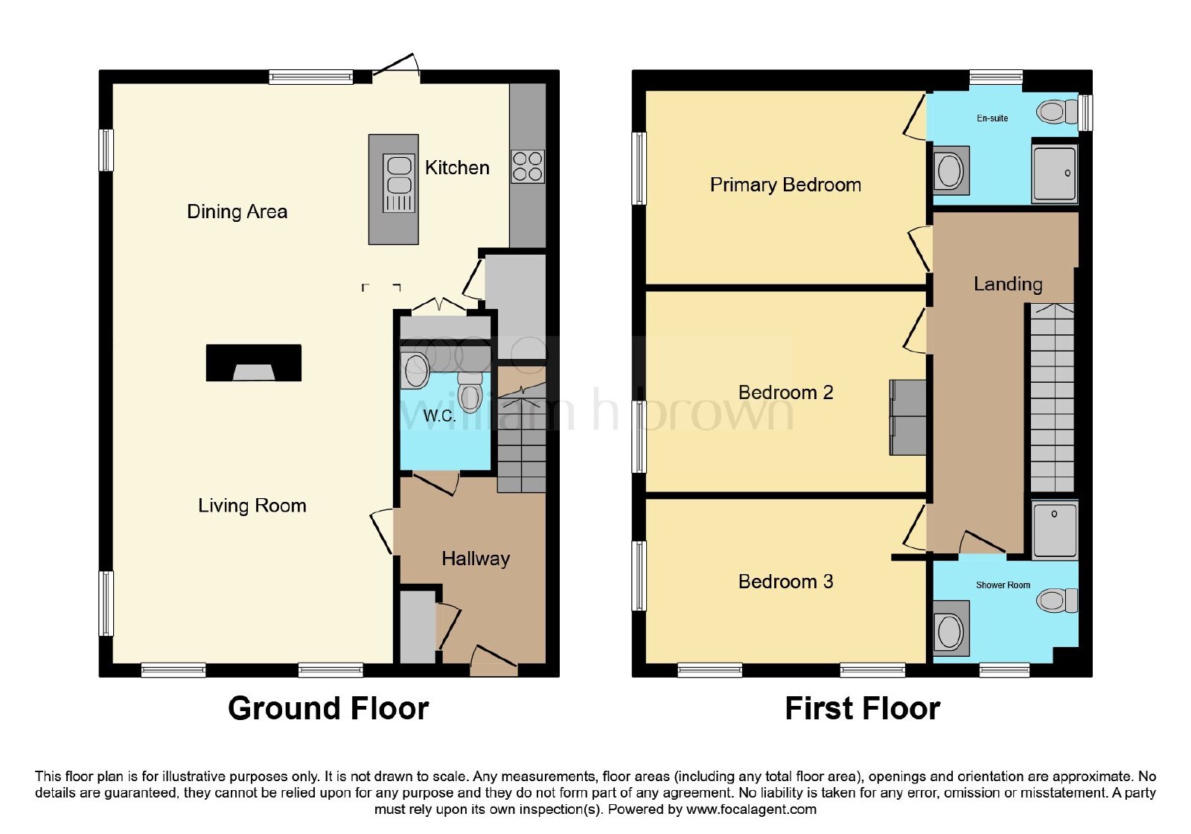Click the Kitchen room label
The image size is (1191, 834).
457,168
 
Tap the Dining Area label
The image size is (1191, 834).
237,211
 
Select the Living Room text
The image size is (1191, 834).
252,506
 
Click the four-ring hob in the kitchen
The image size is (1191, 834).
528,167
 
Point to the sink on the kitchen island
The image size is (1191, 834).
399,182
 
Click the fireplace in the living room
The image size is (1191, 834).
254,363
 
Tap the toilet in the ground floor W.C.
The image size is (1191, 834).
470,392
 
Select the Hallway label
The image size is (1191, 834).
476,558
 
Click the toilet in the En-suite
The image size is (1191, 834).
1057,112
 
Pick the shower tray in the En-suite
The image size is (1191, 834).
1055,172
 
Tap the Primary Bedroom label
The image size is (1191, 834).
785,185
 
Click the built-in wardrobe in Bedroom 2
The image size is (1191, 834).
907,417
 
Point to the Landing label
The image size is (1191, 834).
1008,284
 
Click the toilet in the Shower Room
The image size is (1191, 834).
1057,600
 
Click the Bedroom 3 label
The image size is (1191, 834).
785,582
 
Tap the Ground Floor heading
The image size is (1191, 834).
328,708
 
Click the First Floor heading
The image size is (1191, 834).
863,708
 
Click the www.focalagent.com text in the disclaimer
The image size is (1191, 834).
751,809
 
